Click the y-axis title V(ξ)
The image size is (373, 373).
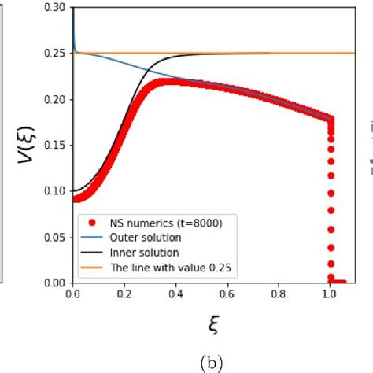point(24,146)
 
